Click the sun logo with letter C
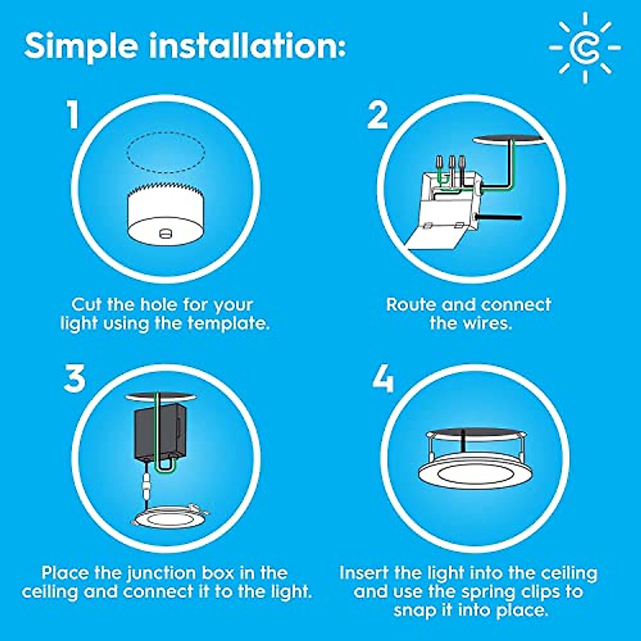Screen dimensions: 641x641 click(x=585, y=48)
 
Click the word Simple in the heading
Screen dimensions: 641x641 click(x=81, y=46)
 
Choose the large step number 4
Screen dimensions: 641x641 click(x=383, y=380)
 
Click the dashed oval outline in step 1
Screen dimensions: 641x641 click(x=166, y=153)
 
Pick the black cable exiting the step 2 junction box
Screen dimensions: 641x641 click(x=499, y=217)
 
